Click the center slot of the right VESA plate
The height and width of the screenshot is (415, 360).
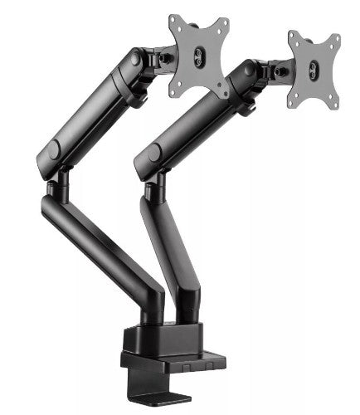313,69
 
